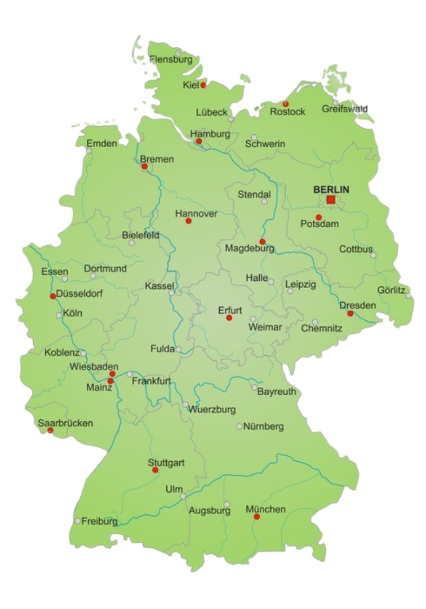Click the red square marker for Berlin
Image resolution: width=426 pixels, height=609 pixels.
[331, 200]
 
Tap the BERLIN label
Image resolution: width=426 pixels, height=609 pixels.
[331, 189]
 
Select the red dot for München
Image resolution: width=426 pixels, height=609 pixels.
[257, 517]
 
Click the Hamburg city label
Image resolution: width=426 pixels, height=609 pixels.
[210, 134]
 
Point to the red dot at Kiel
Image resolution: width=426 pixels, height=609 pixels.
[203, 85]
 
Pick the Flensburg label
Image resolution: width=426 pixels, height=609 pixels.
[171, 59]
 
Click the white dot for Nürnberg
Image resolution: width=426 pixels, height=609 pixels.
[239, 426]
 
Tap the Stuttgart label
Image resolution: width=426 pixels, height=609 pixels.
[166, 462]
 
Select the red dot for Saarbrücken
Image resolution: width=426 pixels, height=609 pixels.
[50, 431]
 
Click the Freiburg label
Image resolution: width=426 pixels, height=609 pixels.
[100, 521]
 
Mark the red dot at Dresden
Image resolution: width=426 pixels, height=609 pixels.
[350, 313]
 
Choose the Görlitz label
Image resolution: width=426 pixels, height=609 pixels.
[391, 290]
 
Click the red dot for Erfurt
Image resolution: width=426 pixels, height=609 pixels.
[229, 318]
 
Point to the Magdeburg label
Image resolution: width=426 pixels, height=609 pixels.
[250, 248]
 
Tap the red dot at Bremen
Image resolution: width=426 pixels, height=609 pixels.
[144, 166]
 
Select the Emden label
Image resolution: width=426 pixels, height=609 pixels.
[101, 143]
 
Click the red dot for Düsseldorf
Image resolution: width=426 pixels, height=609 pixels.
[52, 296]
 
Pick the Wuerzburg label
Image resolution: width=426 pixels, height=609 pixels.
[212, 409]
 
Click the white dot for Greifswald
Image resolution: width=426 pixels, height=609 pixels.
[336, 102]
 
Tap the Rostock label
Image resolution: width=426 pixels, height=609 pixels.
[287, 112]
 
